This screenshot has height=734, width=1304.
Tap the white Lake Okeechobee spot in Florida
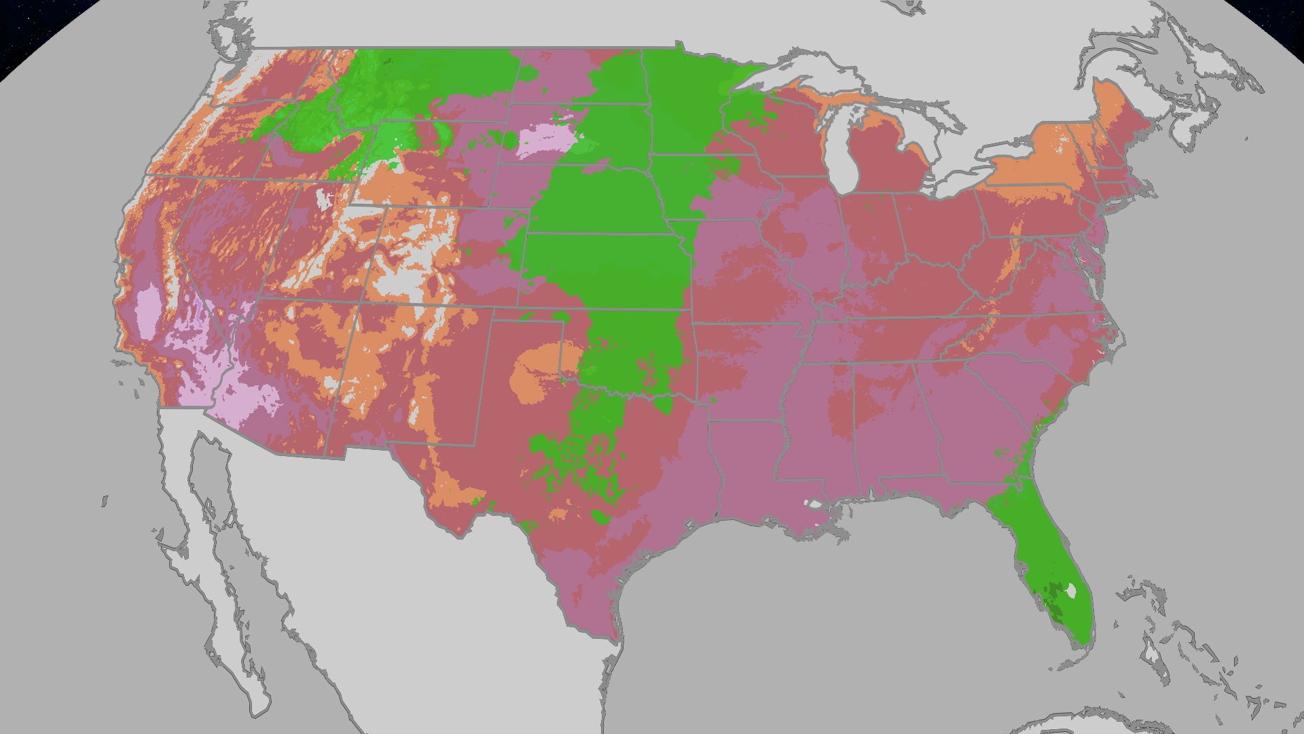[x=1071, y=591]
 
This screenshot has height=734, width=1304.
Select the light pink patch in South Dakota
[x=546, y=140]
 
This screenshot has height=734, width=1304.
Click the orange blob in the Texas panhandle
[x=537, y=374]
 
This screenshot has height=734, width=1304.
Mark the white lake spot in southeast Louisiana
[x=812, y=504]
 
